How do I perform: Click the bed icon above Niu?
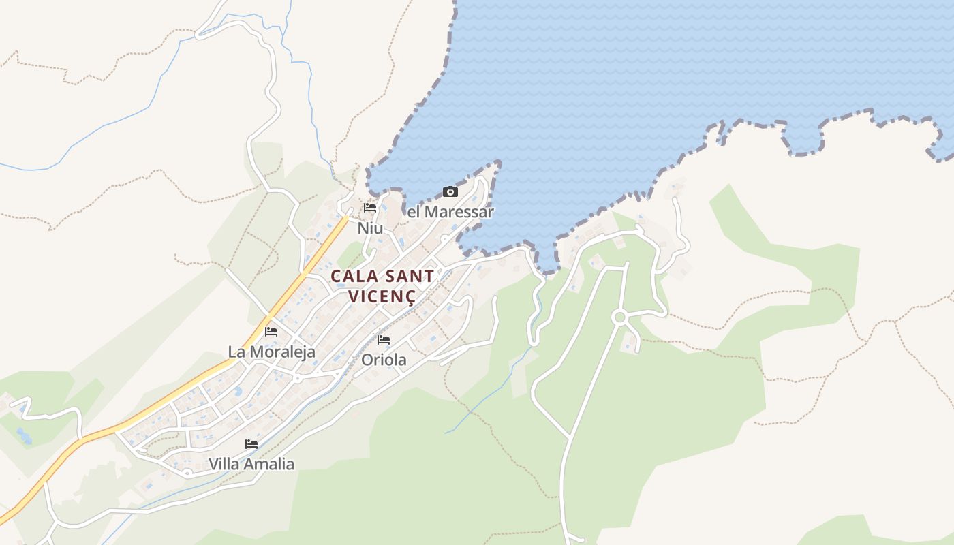click(x=370, y=208)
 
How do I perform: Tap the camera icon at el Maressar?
click(x=450, y=191)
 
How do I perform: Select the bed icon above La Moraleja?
click(x=271, y=332)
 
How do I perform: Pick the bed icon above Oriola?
click(x=384, y=339)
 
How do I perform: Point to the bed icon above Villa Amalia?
click(x=251, y=444)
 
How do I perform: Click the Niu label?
click(x=370, y=228)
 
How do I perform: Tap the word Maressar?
click(x=459, y=212)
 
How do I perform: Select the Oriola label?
click(x=384, y=360)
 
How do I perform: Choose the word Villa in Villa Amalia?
click(x=226, y=464)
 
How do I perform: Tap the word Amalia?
click(x=271, y=464)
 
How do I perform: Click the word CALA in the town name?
click(x=352, y=276)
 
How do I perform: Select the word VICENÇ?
click(x=382, y=296)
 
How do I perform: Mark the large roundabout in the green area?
click(x=619, y=317)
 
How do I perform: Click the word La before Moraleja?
click(x=236, y=352)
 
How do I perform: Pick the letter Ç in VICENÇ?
click(x=410, y=298)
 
